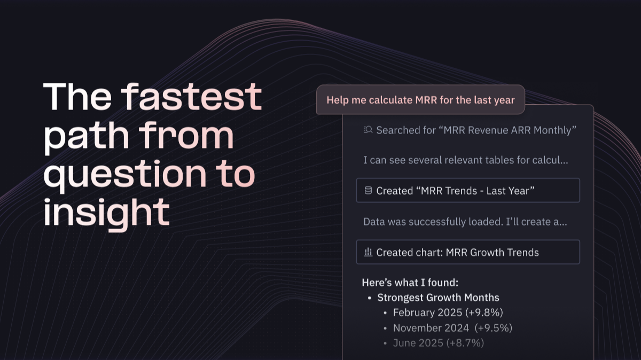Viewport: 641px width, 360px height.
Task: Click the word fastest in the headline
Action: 191,96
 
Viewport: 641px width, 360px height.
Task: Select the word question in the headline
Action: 125,176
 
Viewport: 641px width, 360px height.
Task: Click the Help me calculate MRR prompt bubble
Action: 420,100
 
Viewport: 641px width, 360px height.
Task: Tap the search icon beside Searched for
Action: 368,130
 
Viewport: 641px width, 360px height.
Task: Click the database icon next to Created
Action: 368,191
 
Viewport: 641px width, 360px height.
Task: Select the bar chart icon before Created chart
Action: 368,252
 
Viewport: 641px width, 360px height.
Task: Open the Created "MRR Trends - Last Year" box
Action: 468,191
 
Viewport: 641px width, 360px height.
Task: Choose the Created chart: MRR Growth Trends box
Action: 468,252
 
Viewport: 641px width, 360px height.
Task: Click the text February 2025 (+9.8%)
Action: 448,312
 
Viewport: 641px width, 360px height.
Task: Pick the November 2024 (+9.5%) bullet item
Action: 452,328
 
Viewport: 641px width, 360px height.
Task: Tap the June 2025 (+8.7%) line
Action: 439,343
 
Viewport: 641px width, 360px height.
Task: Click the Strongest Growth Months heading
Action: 438,298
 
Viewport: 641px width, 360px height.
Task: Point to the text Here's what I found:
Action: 410,283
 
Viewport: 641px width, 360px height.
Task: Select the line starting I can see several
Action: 466,160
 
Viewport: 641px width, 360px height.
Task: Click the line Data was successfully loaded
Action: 465,222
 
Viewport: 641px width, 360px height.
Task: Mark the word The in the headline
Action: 77,96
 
